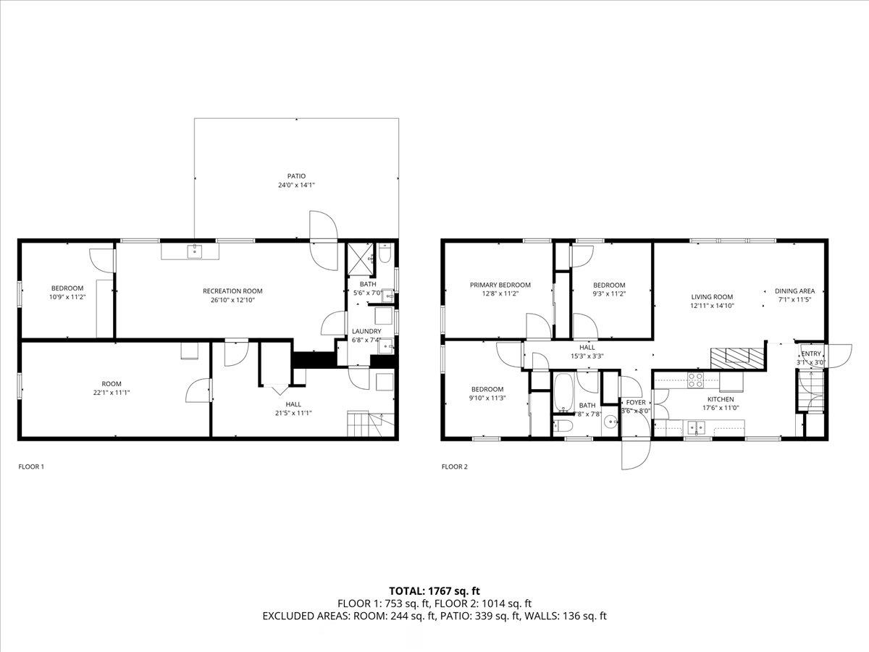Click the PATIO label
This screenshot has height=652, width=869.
click(296, 176)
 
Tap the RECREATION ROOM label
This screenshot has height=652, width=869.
click(232, 291)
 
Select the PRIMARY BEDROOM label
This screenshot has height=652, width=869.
click(500, 285)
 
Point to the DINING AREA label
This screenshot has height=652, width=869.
click(794, 291)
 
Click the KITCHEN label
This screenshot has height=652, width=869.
click(721, 399)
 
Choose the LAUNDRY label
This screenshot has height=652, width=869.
click(366, 331)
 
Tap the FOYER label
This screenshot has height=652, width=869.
click(636, 402)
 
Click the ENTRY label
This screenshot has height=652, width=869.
click(811, 354)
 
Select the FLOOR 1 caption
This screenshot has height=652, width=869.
click(31, 467)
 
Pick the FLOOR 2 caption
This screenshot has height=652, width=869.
click(455, 467)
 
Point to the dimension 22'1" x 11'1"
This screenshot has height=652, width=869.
click(112, 393)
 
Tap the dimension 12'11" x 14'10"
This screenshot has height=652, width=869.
click(713, 306)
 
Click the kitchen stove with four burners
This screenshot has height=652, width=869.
click(695, 380)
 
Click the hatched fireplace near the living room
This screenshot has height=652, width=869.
click(736, 359)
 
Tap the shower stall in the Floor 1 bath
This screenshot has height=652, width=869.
click(360, 259)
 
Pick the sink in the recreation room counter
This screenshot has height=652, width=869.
click(195, 251)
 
